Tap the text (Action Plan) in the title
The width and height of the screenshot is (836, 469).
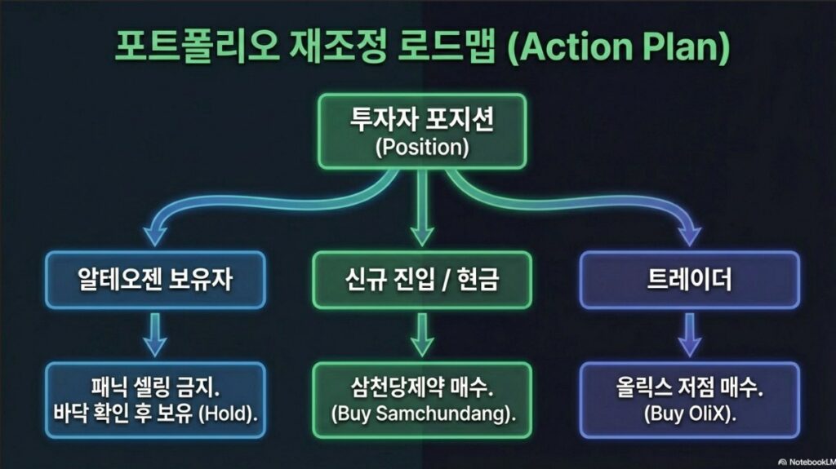click(618, 49)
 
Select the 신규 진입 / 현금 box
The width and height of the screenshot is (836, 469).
click(421, 281)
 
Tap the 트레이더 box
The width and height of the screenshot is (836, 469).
click(688, 281)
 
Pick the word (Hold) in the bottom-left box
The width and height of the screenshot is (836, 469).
click(229, 412)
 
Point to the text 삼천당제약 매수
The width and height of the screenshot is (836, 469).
click(423, 385)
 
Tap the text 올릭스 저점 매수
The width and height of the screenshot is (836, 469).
click(690, 385)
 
